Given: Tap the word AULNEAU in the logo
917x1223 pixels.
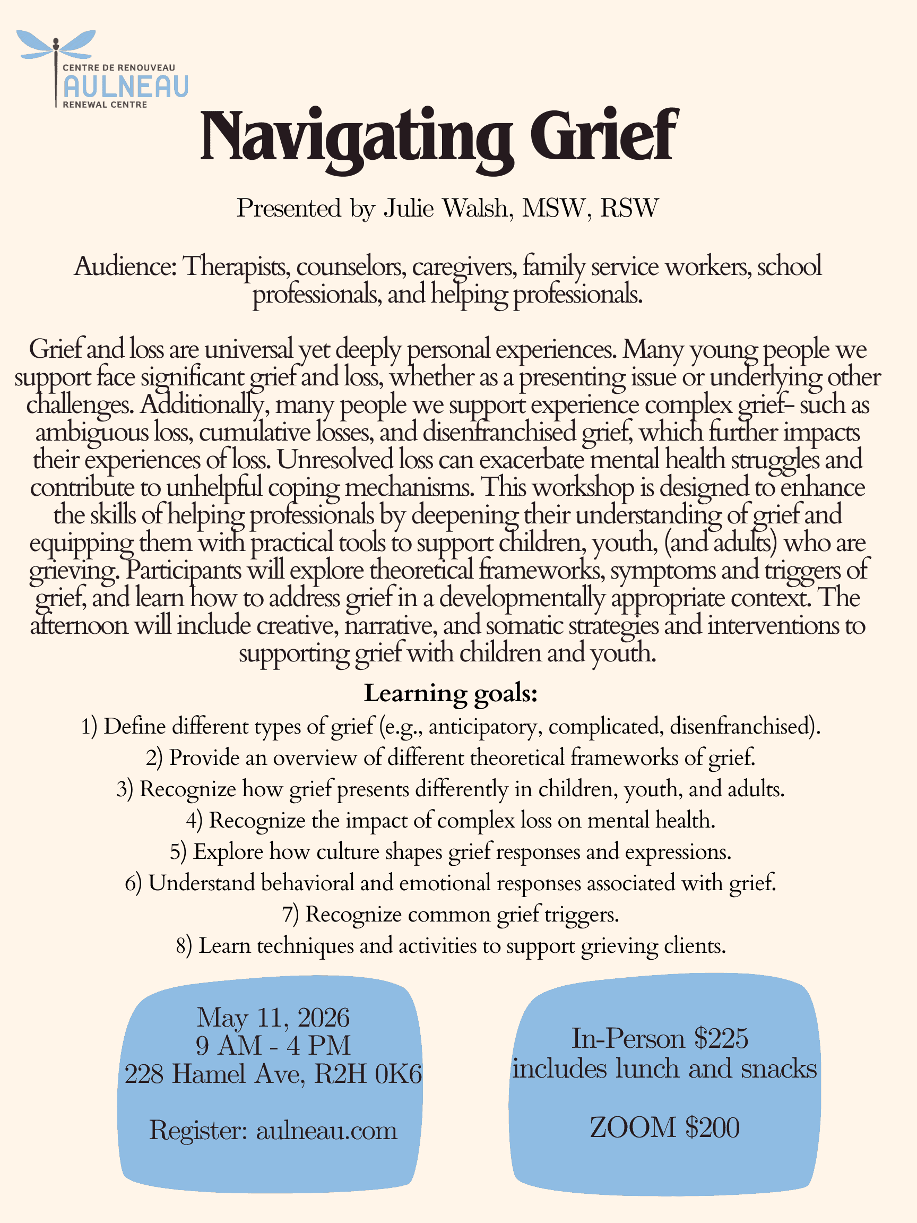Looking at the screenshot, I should [126, 86].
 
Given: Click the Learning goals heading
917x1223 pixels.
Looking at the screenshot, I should [451, 693].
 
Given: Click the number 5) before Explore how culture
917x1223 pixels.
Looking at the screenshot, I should [178, 852].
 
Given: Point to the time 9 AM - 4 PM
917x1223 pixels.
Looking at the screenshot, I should [273, 1046].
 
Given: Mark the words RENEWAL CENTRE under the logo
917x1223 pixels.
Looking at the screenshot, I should [105, 105].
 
